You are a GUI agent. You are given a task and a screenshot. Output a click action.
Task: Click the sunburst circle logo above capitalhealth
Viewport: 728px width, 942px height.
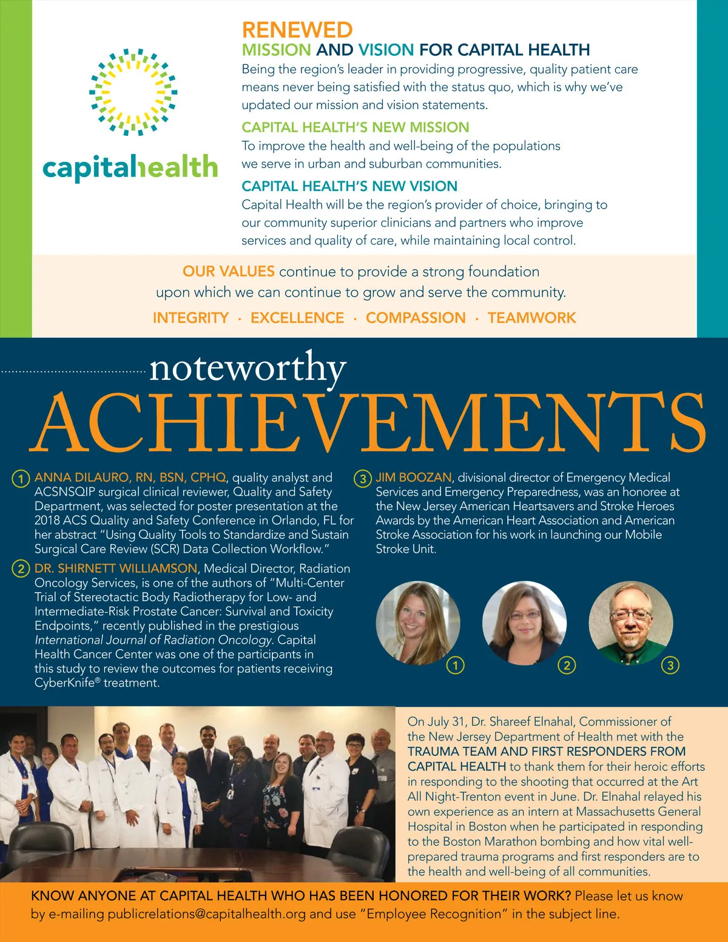[133, 92]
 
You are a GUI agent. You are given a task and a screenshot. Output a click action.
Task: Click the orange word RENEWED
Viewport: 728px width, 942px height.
[297, 30]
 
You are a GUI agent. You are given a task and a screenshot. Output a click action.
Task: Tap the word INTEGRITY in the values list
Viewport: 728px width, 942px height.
[190, 318]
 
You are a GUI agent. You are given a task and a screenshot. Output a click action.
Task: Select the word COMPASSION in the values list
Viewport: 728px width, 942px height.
[416, 318]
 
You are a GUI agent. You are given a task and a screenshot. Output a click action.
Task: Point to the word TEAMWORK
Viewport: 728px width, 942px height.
[531, 318]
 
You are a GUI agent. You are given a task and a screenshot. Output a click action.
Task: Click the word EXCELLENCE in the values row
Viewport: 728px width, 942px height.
[297, 318]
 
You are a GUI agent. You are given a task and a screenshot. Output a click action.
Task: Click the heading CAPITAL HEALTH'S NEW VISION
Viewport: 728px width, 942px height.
[349, 186]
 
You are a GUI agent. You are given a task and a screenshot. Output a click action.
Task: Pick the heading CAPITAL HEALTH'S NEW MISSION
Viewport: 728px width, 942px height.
[355, 127]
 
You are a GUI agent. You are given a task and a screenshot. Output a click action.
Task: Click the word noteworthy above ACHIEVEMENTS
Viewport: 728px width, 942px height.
[248, 368]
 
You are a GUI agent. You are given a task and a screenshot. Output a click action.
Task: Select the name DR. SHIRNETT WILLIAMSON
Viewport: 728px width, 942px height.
[115, 568]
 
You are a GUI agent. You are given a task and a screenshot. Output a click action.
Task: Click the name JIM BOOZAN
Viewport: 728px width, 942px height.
[414, 478]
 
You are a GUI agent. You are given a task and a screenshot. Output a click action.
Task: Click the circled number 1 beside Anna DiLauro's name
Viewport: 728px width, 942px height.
[21, 479]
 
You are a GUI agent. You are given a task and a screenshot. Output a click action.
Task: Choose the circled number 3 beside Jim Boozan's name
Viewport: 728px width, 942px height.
[362, 479]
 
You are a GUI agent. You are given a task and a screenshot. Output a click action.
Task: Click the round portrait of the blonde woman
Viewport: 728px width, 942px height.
[417, 623]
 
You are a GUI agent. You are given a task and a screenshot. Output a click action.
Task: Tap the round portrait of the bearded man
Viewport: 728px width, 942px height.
[630, 623]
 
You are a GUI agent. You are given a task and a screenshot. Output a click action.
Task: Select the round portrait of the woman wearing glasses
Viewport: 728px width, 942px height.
[524, 623]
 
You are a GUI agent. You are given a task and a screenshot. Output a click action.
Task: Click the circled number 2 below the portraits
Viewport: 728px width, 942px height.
[567, 665]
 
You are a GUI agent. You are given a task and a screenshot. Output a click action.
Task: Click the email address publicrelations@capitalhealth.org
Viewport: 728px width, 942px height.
[206, 914]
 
